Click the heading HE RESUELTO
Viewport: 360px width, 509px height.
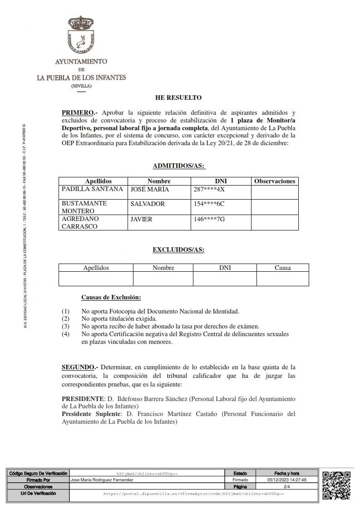[x=178, y=98]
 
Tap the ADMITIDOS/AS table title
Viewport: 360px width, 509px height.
[x=179, y=166]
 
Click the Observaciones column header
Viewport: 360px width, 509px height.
[x=275, y=181]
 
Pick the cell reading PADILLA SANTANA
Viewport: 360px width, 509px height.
[x=92, y=189]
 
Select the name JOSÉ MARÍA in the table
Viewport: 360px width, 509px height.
[x=149, y=189]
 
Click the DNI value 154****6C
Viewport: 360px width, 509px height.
[x=209, y=204]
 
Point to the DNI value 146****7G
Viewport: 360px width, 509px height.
[x=209, y=219]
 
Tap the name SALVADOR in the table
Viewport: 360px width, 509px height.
[x=148, y=204]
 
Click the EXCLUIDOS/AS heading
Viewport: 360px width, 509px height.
[x=178, y=250]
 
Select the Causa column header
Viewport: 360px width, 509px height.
[x=282, y=268]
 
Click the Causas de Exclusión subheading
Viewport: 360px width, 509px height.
[x=111, y=298]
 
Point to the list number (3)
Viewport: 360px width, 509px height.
[x=66, y=326]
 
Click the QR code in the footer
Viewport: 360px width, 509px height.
[x=336, y=485]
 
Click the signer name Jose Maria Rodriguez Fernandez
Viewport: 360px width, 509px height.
[x=102, y=480]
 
